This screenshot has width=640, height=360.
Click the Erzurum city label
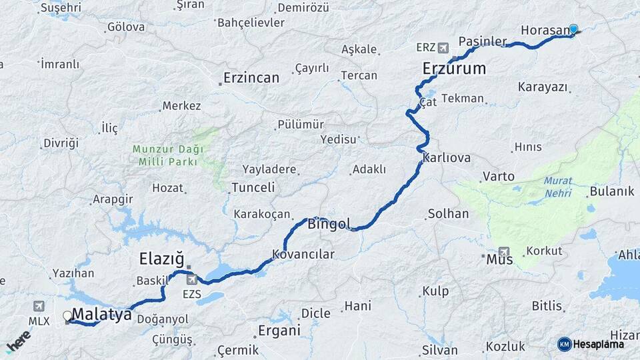click(454, 69)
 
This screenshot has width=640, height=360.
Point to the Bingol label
click(329, 224)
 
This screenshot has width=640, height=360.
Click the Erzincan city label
click(251, 78)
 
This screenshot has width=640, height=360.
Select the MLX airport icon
click(39, 305)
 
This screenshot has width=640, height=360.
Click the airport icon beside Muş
click(504, 252)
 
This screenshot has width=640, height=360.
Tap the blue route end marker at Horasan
click(573, 29)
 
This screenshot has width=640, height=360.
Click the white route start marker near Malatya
click(67, 316)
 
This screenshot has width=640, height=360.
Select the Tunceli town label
click(253, 188)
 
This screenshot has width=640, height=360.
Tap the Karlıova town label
click(447, 159)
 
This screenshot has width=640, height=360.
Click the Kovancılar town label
click(303, 254)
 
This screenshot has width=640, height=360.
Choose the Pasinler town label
click(483, 41)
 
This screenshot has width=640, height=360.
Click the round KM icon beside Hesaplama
click(564, 344)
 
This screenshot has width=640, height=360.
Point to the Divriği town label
click(61, 143)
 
